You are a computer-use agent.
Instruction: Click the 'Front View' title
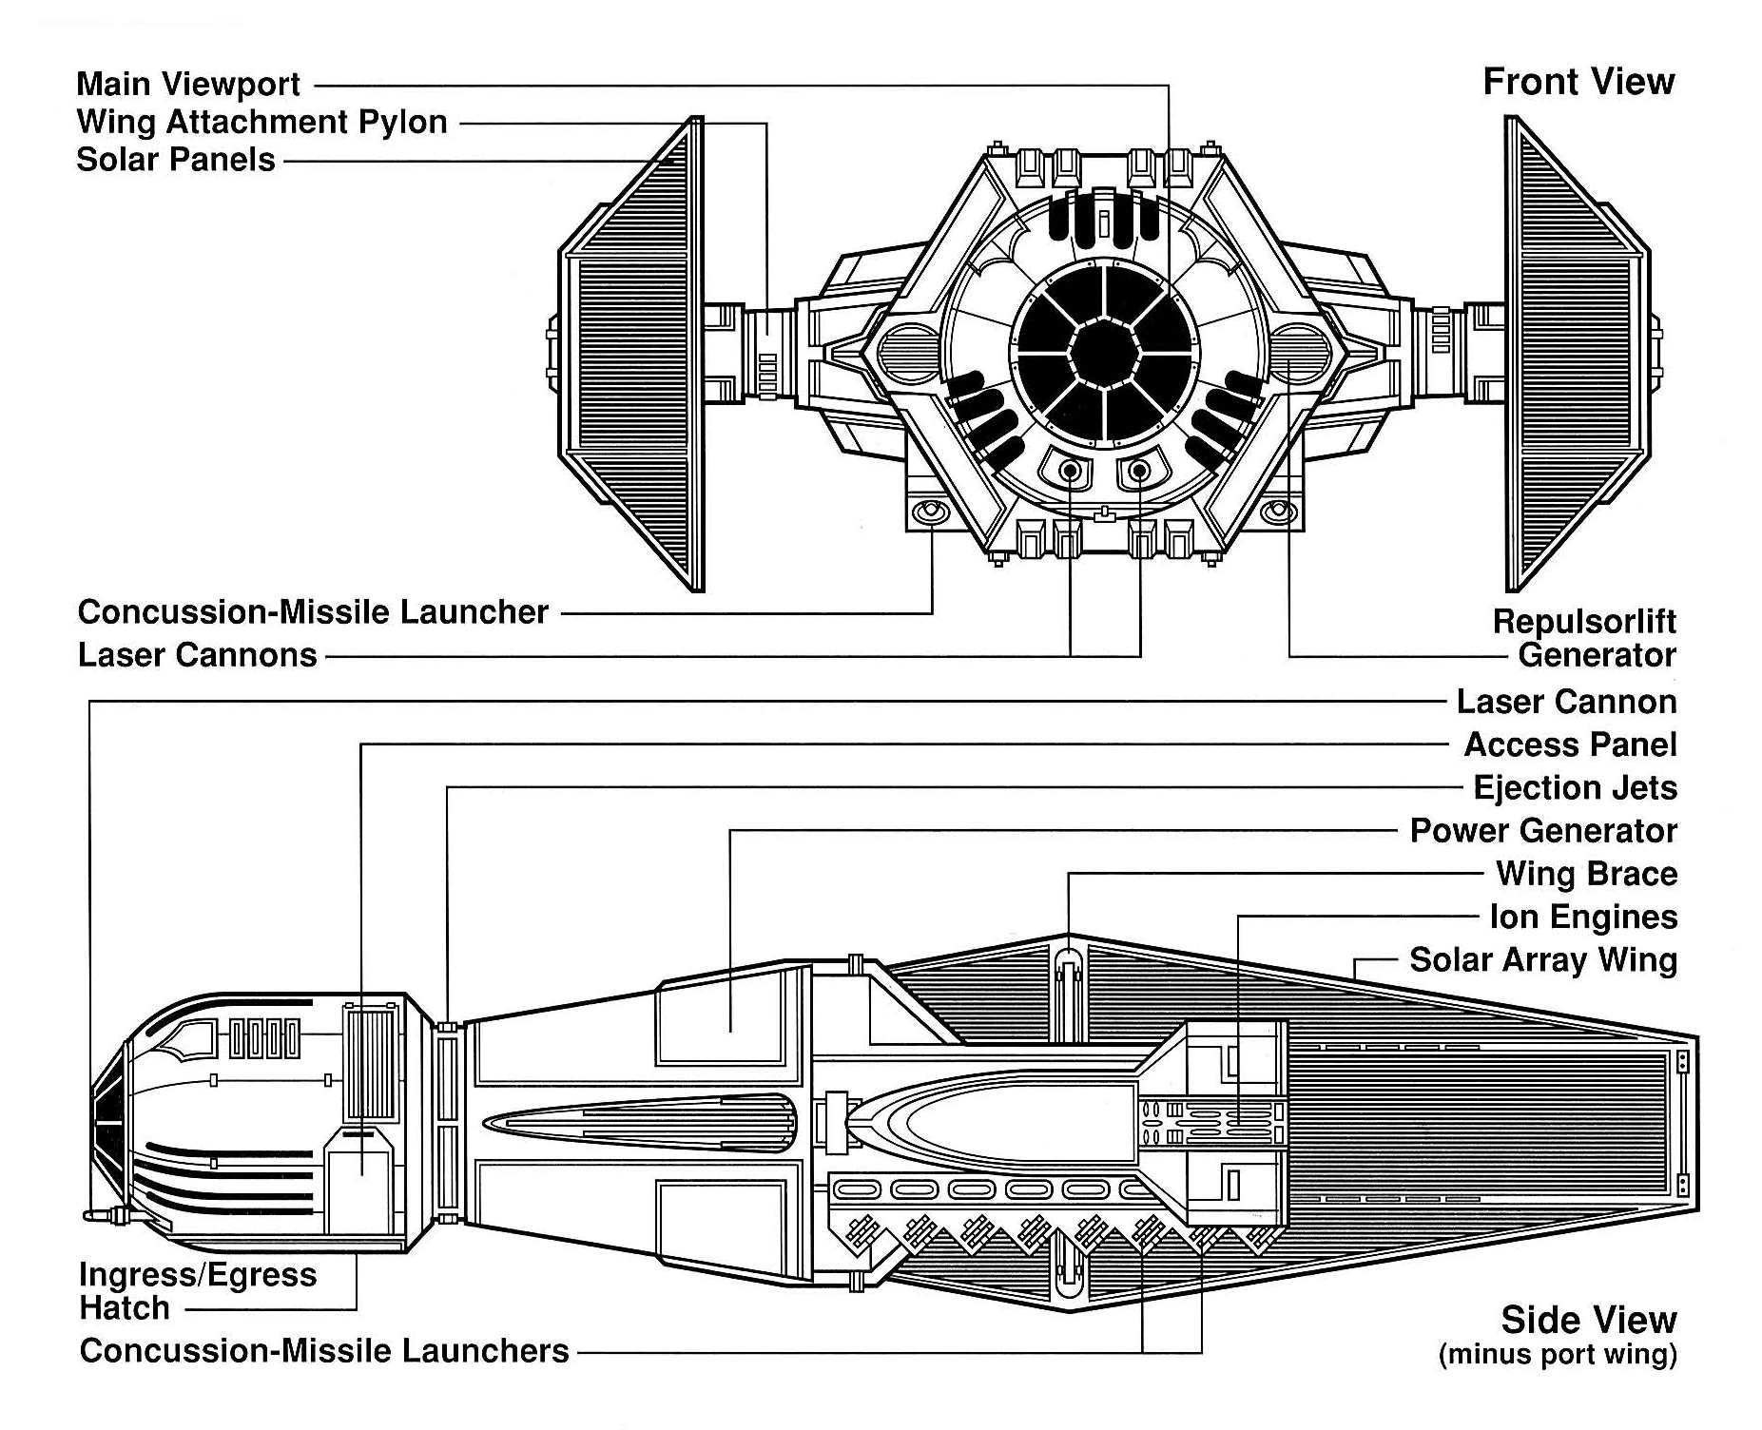1578,82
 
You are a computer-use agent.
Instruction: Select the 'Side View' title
1588,1320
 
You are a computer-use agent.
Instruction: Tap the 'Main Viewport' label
187,84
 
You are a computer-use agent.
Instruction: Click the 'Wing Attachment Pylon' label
261,122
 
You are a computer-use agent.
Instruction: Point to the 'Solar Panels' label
175,159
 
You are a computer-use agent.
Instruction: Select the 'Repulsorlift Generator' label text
1584,638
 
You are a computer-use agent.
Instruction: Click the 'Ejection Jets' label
1575,787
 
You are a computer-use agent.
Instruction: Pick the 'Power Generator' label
1542,830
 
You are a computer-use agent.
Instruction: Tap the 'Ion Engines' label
1583,917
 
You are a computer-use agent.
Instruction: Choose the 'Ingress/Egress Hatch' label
197,1290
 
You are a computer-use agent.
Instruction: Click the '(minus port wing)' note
1558,1354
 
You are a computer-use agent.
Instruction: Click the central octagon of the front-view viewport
1103,353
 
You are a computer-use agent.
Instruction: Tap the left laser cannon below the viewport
1070,470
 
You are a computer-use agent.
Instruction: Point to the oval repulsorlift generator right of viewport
1297,349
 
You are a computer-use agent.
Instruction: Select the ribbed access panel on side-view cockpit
371,1063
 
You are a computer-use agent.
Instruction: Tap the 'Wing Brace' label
1586,874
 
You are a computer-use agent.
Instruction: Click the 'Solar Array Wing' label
1542,959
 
